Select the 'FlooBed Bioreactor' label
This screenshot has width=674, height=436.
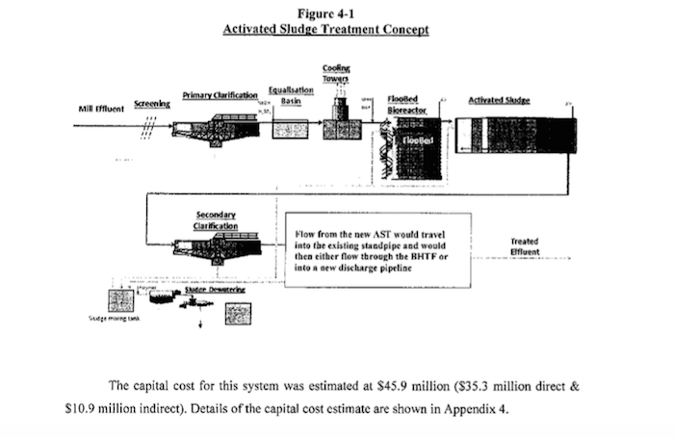click(x=402, y=103)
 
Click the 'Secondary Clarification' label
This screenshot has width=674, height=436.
click(x=216, y=219)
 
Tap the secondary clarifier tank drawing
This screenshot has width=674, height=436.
click(x=217, y=249)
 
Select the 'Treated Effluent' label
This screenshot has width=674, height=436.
click(x=525, y=246)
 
